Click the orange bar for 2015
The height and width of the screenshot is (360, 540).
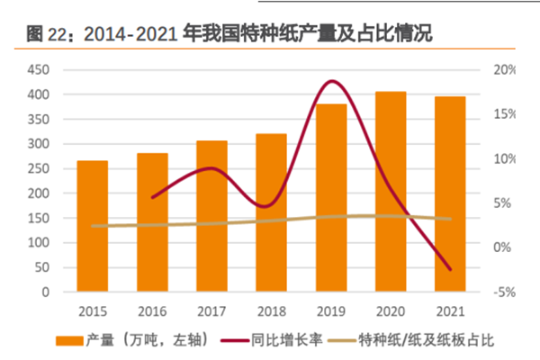[93, 226]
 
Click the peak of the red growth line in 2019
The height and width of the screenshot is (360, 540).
[332, 81]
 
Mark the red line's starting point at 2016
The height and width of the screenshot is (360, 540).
[152, 197]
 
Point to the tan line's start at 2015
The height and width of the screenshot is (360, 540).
[93, 226]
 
